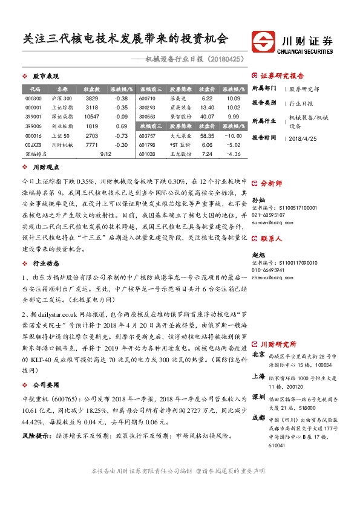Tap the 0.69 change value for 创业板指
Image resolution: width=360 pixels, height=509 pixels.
coord(121,126)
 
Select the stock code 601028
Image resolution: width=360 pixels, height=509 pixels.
coord(147,154)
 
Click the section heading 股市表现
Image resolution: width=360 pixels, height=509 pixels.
coord(44,77)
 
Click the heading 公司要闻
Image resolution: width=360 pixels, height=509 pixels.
coord(44,384)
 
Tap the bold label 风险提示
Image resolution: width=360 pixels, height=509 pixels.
coord(36,435)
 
